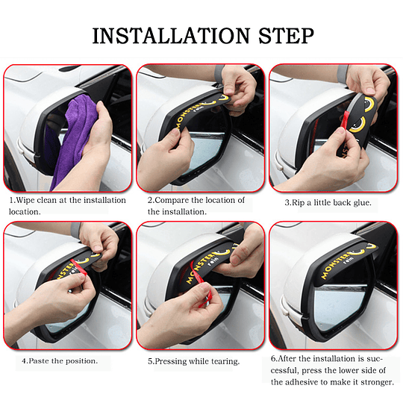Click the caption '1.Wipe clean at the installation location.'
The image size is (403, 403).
tap(67, 206)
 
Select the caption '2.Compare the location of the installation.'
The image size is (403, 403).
tap(196, 206)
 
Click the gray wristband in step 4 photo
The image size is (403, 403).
tap(76, 231)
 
